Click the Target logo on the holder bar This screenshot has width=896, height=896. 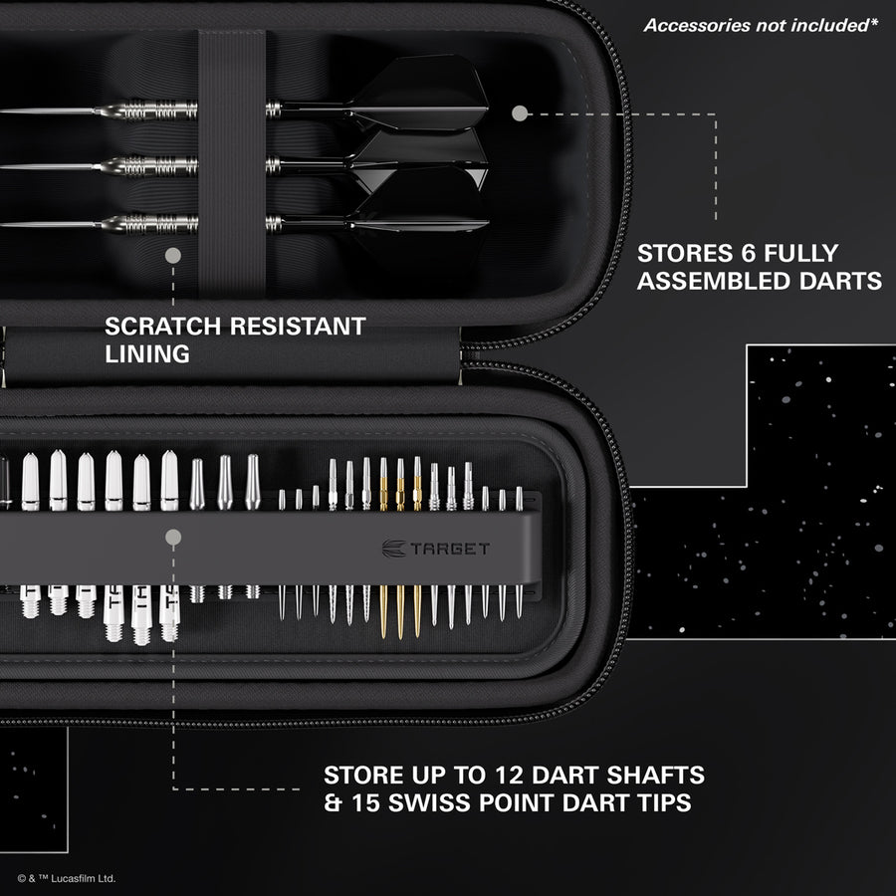pos(436,548)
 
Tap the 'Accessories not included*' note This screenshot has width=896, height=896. pos(761,25)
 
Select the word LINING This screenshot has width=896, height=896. pos(147,353)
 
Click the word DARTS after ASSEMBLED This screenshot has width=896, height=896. pos(842,282)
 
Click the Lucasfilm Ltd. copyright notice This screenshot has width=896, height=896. pos(67,878)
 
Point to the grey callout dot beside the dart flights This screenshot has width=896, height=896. pos(519,113)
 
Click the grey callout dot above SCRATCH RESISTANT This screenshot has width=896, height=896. pos(172,256)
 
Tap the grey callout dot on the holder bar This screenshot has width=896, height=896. pos(173,539)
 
